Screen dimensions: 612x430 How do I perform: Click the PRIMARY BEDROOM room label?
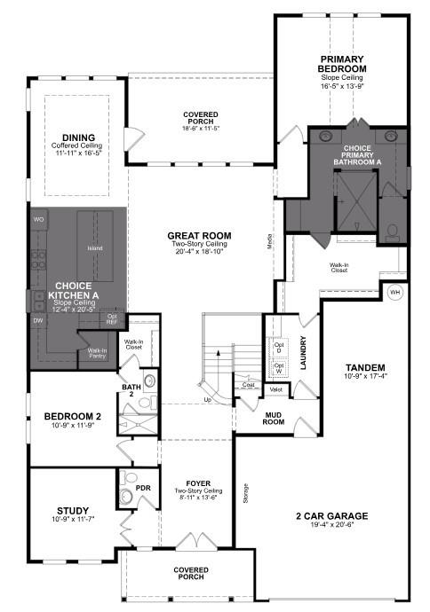pos(344,64)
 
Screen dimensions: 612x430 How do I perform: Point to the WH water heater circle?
pos(394,290)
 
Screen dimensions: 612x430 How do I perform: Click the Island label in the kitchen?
pos(95,249)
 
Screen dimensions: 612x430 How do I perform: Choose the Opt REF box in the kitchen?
pos(112,318)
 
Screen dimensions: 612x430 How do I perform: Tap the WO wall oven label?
pos(38,218)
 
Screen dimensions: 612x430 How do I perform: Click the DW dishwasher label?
pos(38,320)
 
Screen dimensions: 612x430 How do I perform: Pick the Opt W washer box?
pos(279,367)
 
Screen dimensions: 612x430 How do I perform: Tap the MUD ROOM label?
pos(274,417)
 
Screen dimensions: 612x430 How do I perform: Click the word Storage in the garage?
pos(244,493)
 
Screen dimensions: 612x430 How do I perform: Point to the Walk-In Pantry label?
pos(98,352)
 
